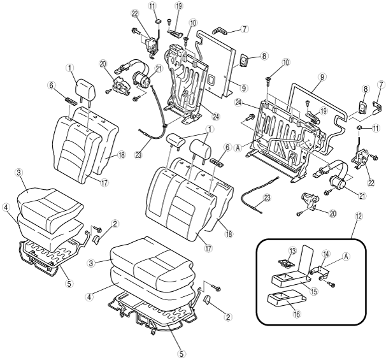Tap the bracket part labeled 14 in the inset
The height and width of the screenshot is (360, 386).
pos(320,272)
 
